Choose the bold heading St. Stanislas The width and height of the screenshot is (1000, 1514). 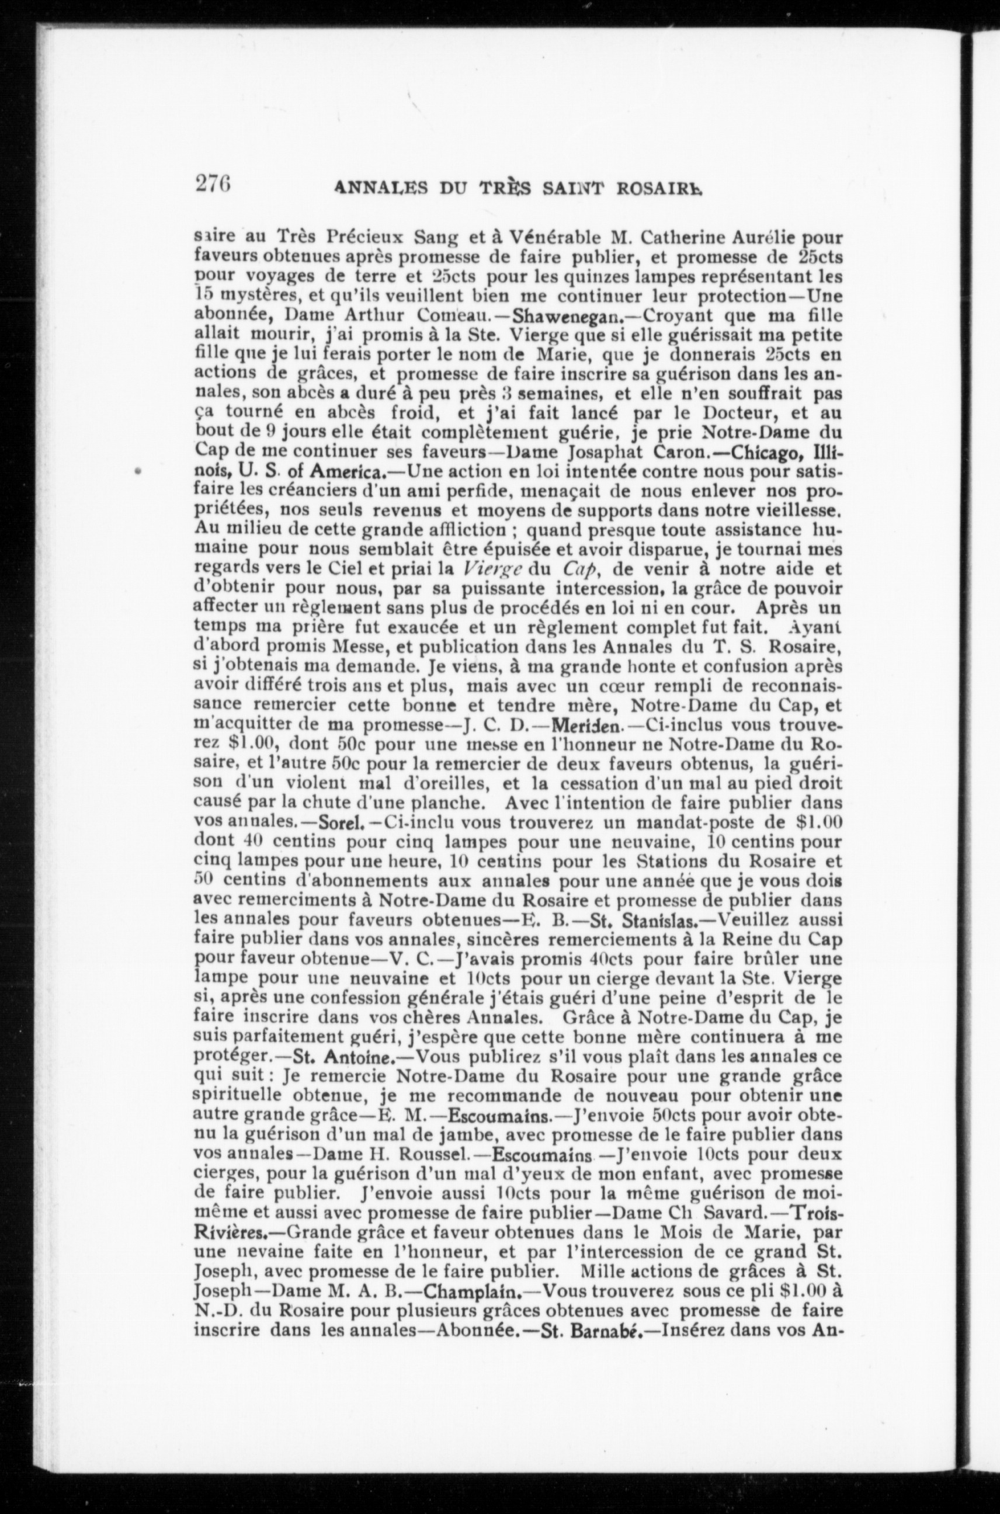pyautogui.click(x=644, y=921)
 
